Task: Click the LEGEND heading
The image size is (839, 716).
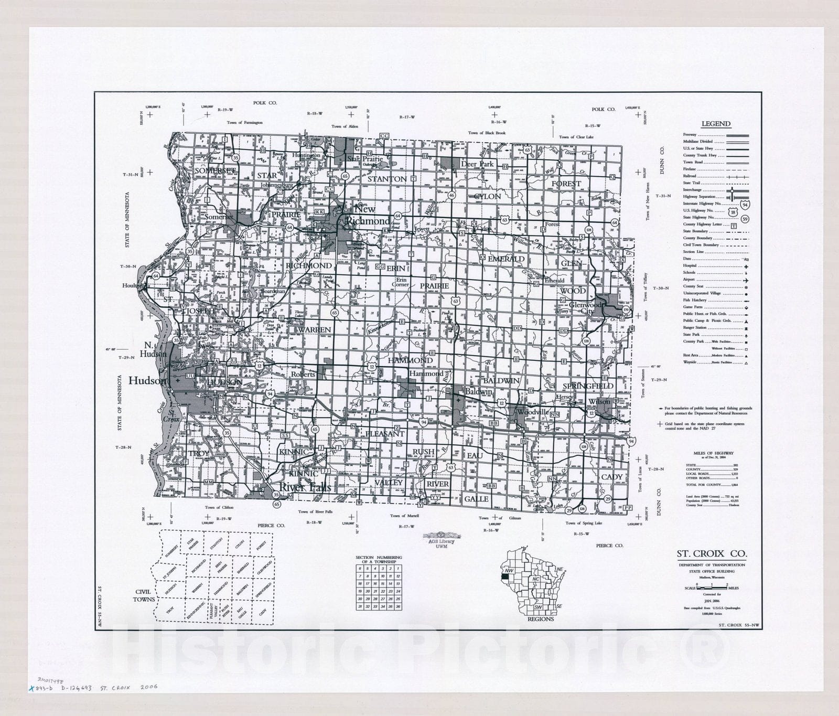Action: pyautogui.click(x=716, y=124)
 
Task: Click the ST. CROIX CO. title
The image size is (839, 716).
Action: pyautogui.click(x=712, y=553)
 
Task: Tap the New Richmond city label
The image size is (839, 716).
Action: pyautogui.click(x=367, y=215)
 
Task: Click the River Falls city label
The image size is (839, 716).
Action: pyautogui.click(x=305, y=487)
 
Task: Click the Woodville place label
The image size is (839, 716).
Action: pyautogui.click(x=533, y=412)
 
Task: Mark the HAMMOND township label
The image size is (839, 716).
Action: pyautogui.click(x=410, y=360)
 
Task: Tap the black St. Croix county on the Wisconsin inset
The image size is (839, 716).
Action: pyautogui.click(x=506, y=570)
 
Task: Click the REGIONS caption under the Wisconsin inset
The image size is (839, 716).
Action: pyautogui.click(x=541, y=619)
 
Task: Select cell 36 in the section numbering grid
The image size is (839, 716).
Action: pyautogui.click(x=398, y=607)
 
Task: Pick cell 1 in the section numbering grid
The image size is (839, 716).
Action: pyautogui.click(x=398, y=569)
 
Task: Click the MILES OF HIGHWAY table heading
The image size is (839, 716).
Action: pyautogui.click(x=713, y=453)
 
